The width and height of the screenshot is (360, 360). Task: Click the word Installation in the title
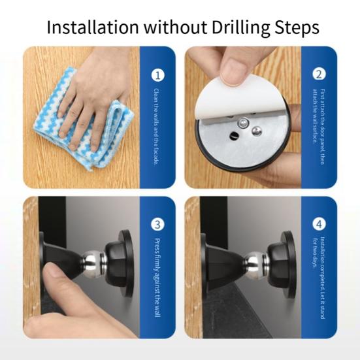point(93,27)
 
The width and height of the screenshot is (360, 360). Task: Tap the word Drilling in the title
point(240,28)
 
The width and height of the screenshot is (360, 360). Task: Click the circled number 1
point(158,75)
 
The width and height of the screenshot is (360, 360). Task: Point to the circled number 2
point(319,74)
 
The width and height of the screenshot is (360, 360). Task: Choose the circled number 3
point(157,224)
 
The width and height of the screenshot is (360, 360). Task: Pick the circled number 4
point(319,224)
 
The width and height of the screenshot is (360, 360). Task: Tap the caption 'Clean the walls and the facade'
point(156,127)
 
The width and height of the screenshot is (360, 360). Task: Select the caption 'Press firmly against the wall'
point(157,278)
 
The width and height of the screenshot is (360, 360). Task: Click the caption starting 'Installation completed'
point(319,278)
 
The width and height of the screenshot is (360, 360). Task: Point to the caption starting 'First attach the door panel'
point(319,127)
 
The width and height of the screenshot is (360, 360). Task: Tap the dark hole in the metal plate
point(234,135)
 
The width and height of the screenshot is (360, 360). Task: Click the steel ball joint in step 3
point(93,263)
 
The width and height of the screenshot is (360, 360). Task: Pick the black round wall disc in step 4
point(289,264)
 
